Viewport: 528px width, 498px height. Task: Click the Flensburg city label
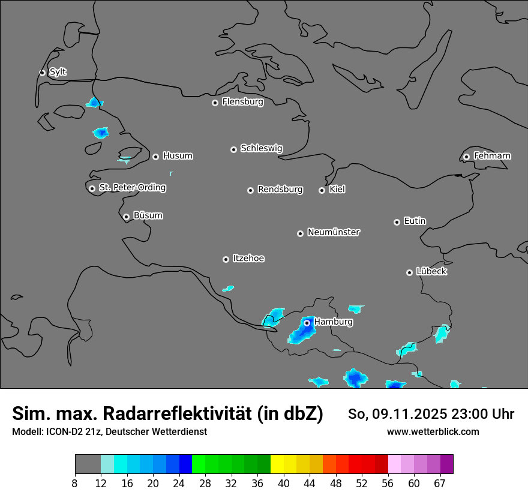tap(242, 102)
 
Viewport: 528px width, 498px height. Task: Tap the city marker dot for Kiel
tap(322, 190)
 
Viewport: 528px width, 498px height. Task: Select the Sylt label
tap(58, 72)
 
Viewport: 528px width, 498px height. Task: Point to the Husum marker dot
tap(155, 157)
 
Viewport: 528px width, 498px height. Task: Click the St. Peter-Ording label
tap(132, 188)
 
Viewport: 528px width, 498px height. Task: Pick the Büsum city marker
tap(126, 217)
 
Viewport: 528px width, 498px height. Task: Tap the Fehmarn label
tap(492, 156)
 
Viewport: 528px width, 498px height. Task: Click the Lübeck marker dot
tap(409, 272)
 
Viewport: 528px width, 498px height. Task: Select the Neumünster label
tap(334, 232)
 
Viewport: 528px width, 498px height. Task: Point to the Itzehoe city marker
tap(226, 259)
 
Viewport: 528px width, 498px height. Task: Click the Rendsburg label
tap(280, 190)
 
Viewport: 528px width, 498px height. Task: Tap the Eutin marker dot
tap(397, 222)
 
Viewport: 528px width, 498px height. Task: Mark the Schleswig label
tap(261, 148)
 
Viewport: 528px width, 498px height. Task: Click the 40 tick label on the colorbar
tap(283, 484)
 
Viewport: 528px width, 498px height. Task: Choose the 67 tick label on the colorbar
tap(439, 484)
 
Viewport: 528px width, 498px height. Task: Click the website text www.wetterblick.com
tap(433, 431)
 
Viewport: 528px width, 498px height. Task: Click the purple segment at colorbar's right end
tap(446, 464)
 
